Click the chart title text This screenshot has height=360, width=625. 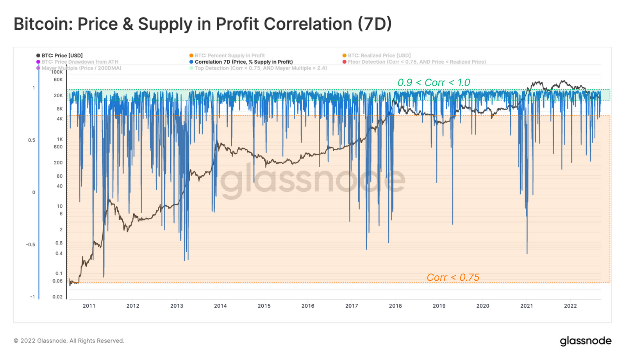point(202,24)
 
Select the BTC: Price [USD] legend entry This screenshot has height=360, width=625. point(62,55)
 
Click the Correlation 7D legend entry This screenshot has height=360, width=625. point(243,62)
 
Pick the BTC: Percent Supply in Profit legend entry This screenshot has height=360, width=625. point(229,55)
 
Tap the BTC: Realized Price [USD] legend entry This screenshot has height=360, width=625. point(379,55)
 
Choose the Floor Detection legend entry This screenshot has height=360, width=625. point(416,62)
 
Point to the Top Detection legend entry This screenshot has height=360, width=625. point(261,68)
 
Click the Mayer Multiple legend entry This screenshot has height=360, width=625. point(81,68)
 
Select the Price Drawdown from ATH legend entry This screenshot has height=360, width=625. point(80,62)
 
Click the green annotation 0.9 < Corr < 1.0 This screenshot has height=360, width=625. point(434,82)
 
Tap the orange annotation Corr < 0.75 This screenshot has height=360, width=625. point(453,277)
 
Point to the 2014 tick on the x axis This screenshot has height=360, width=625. point(220,306)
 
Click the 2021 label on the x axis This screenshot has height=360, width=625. point(527,306)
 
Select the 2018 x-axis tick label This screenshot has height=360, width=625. point(395,306)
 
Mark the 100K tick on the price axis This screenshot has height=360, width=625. point(57,72)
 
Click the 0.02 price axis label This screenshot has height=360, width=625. point(57,297)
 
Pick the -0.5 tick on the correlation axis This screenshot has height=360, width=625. point(30,244)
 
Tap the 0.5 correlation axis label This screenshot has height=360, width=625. point(31,140)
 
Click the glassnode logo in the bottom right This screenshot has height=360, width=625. point(586,341)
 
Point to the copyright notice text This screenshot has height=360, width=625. point(69,341)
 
